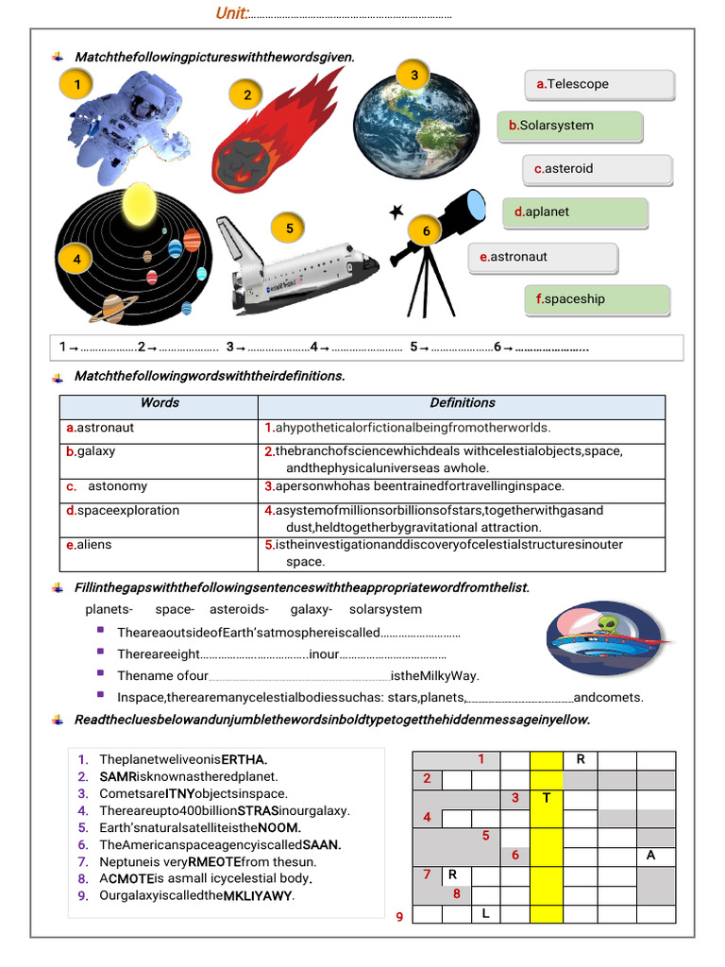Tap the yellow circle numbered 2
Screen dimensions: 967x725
click(247, 94)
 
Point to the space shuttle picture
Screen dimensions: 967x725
click(295, 269)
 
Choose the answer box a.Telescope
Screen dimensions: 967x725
click(599, 84)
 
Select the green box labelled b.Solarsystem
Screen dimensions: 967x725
click(570, 126)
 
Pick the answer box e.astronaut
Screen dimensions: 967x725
click(543, 257)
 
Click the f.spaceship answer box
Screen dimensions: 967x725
click(597, 299)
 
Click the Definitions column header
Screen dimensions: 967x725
click(462, 403)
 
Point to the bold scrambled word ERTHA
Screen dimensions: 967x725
click(244, 759)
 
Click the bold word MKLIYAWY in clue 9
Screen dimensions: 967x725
click(258, 895)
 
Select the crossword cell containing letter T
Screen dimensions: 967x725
click(546, 798)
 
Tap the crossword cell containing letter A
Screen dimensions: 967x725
click(651, 856)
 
